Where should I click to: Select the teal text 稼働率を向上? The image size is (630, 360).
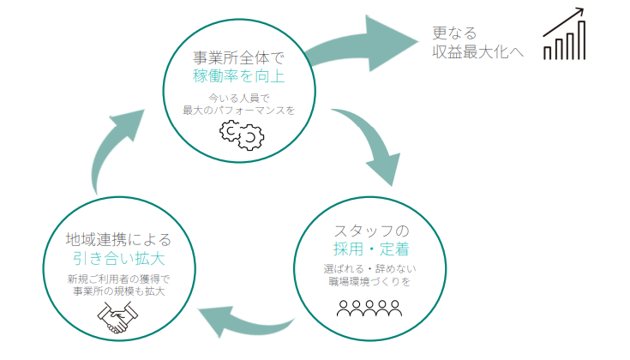(238, 77)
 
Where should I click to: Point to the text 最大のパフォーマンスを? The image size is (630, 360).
(238, 111)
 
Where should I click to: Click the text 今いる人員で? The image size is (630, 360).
(238, 98)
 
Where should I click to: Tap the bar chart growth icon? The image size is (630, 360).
(564, 36)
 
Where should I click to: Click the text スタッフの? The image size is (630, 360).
(371, 231)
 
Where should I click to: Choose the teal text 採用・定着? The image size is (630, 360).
(371, 249)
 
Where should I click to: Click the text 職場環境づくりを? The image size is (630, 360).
(371, 281)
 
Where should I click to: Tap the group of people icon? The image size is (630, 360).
(371, 307)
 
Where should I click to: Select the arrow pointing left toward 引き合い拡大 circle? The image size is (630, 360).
(244, 321)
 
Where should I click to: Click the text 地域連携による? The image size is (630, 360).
(118, 239)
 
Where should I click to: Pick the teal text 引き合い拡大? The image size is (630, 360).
(118, 258)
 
